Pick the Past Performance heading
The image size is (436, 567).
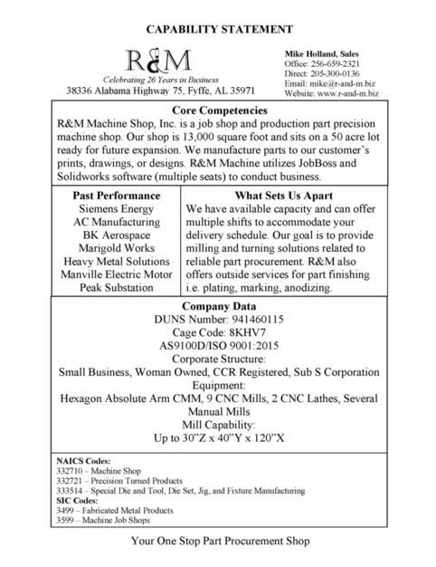(117, 195)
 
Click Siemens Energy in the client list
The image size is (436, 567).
(117, 208)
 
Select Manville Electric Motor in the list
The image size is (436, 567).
(117, 274)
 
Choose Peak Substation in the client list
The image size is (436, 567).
(117, 288)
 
